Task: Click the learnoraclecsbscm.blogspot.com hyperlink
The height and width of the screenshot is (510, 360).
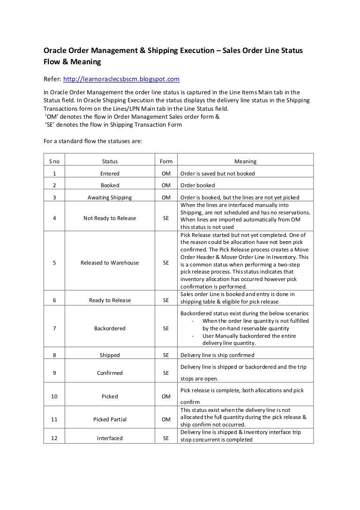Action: [x=121, y=79]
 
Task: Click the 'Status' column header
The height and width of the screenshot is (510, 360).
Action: [x=110, y=161]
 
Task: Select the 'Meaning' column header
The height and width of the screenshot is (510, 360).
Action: [x=245, y=161]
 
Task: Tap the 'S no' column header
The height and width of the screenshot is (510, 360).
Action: [x=54, y=161]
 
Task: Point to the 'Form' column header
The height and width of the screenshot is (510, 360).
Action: [x=166, y=161]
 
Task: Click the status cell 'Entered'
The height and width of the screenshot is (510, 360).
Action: [x=110, y=174]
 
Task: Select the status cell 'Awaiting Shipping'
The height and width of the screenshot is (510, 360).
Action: [x=110, y=198]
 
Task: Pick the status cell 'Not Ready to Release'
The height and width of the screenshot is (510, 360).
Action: [x=110, y=218]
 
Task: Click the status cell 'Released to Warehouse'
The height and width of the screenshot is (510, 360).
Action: [x=110, y=263]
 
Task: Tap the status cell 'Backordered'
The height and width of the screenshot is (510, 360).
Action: [x=110, y=328]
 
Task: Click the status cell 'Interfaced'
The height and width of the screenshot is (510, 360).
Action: [x=110, y=438]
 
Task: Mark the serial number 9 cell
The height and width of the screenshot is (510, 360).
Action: [x=54, y=373]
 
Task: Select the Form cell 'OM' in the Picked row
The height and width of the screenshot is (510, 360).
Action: [x=166, y=396]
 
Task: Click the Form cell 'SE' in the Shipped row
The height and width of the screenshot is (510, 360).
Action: [x=166, y=355]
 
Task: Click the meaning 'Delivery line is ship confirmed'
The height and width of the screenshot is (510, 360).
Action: [x=217, y=355]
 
